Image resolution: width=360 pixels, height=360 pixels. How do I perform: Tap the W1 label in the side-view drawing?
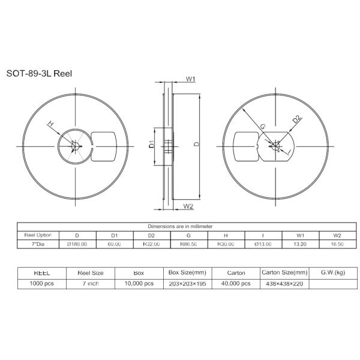point(190,79)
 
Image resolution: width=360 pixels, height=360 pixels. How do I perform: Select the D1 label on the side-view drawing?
point(152,144)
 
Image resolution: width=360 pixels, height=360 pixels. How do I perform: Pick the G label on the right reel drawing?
point(262,126)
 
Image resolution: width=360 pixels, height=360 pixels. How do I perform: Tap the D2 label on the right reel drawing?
point(296,119)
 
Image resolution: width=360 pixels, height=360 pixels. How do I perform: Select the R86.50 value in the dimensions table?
point(188,244)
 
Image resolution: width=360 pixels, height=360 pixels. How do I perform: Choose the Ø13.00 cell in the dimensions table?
point(263,244)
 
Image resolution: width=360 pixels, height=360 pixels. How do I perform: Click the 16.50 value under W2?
point(337,244)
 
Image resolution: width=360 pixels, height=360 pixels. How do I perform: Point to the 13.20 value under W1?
point(300,244)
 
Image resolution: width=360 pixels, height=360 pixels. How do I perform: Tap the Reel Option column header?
point(38,235)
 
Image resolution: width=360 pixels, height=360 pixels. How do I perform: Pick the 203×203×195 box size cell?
point(187,283)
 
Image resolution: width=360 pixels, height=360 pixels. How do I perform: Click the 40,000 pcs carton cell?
point(236,283)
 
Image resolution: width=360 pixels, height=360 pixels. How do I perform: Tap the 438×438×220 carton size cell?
point(284,283)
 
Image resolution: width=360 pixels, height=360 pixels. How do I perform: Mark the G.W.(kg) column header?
point(332,272)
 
